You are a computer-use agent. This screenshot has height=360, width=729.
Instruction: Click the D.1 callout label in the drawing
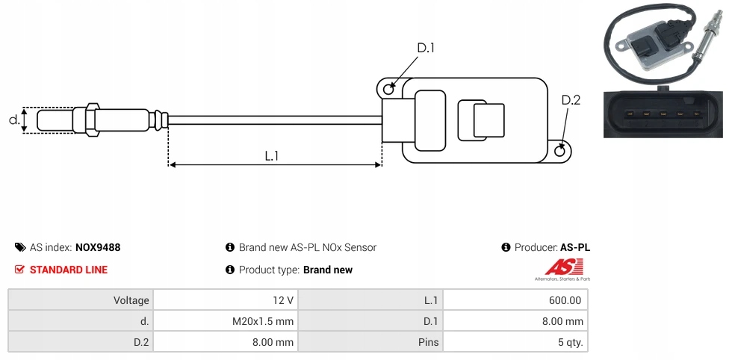pyautogui.click(x=425, y=49)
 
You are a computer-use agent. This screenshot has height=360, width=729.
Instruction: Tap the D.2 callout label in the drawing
pyautogui.click(x=571, y=101)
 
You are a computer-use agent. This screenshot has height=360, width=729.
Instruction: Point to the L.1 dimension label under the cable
pyautogui.click(x=272, y=155)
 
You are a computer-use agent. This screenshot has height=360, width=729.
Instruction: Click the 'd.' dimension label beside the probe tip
pyautogui.click(x=13, y=120)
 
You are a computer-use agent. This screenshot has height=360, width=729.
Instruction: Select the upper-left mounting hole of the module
pyautogui.click(x=388, y=90)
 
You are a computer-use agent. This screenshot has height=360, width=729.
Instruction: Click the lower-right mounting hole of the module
pyautogui.click(x=560, y=152)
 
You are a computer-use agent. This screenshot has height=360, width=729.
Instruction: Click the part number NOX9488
pyautogui.click(x=98, y=247)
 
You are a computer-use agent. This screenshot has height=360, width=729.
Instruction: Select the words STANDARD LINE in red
pyautogui.click(x=69, y=270)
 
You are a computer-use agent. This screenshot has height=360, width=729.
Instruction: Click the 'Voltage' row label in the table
pyautogui.click(x=131, y=300)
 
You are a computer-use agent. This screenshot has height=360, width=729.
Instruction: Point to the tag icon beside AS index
pyautogui.click(x=19, y=247)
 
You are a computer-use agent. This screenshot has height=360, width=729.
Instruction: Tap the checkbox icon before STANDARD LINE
pyautogui.click(x=19, y=270)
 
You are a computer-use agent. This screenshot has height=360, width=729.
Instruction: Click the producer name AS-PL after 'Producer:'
pyautogui.click(x=575, y=247)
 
